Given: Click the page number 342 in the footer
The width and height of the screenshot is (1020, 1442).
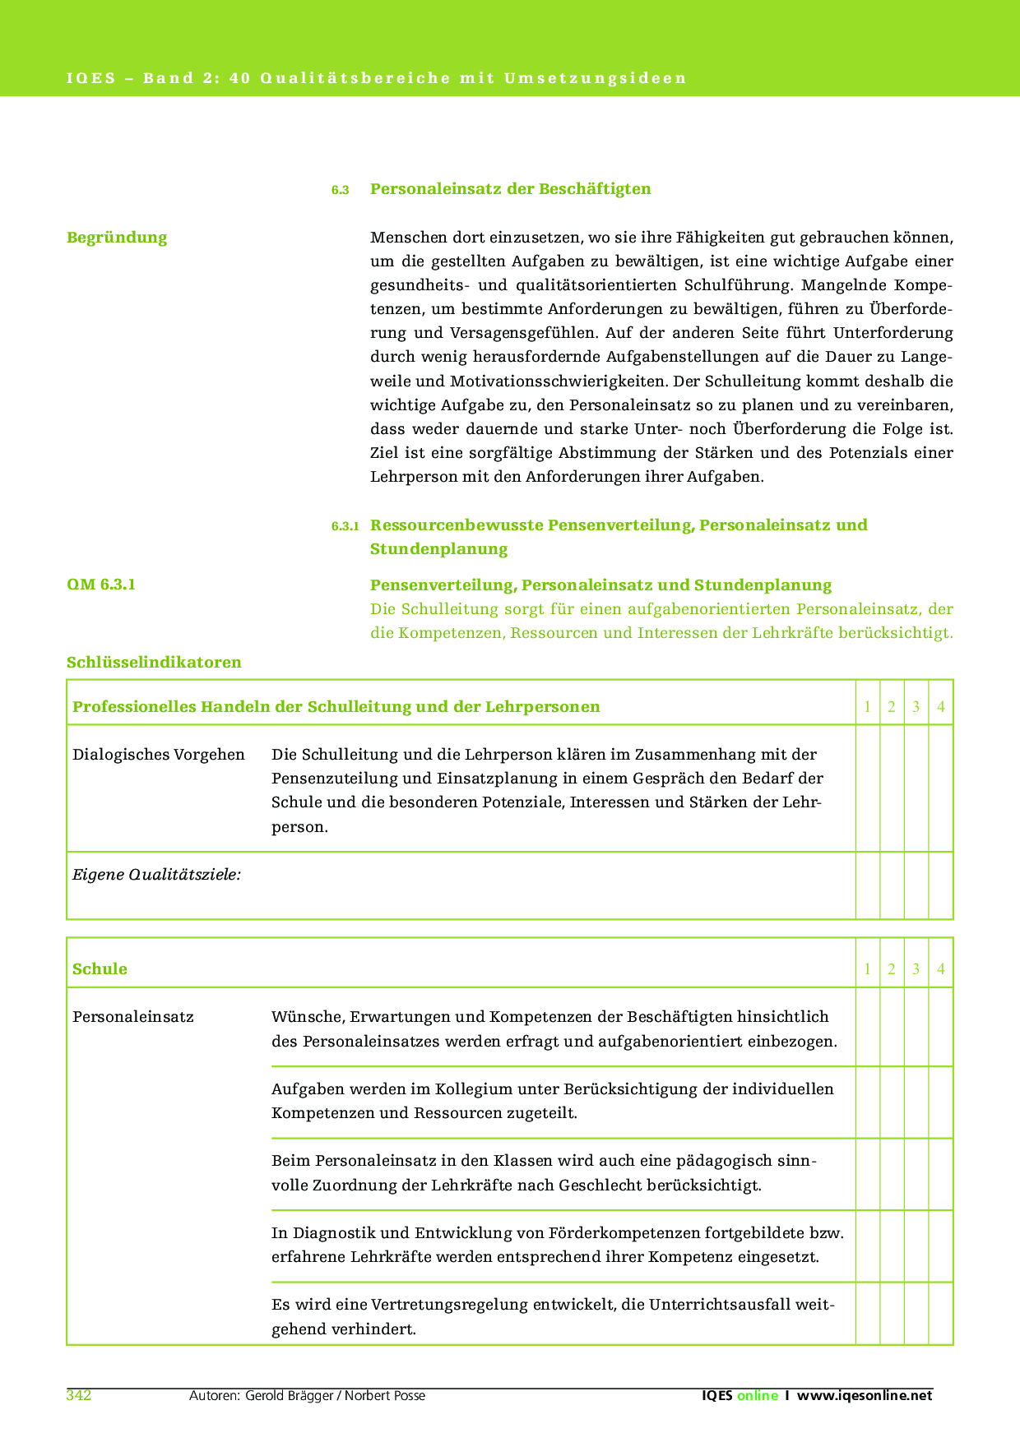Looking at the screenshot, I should [x=78, y=1395].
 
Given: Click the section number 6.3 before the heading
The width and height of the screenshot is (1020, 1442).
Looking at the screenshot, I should [x=341, y=190].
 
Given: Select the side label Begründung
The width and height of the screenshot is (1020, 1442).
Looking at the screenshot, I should [x=117, y=238].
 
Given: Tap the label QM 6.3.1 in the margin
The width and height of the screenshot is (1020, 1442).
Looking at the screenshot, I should [x=101, y=585].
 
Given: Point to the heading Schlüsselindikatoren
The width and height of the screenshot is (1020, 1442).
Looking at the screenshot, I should [x=154, y=662].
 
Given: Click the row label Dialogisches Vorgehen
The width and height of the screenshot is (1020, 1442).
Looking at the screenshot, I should [x=159, y=755].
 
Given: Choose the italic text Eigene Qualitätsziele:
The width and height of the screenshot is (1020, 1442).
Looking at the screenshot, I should [x=156, y=875].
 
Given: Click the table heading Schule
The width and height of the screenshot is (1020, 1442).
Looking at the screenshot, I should [x=100, y=968].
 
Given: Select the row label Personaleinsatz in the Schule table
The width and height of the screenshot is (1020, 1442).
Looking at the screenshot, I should [x=133, y=1017].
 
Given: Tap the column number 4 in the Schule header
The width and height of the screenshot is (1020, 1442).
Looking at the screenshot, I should [x=940, y=969].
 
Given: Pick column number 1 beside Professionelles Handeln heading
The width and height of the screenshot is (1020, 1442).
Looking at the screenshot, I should [x=867, y=707].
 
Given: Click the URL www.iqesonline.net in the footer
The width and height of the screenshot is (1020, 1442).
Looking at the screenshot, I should [x=865, y=1395].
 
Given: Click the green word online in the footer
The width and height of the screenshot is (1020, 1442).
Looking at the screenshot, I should [x=757, y=1395].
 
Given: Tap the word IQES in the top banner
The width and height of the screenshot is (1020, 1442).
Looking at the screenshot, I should [x=90, y=79].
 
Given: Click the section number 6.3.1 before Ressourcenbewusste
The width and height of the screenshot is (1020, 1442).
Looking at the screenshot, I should [x=345, y=526].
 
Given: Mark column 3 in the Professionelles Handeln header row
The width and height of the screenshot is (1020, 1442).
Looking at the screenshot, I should [x=916, y=707].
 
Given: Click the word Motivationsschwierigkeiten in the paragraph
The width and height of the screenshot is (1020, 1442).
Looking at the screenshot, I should [x=555, y=381].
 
